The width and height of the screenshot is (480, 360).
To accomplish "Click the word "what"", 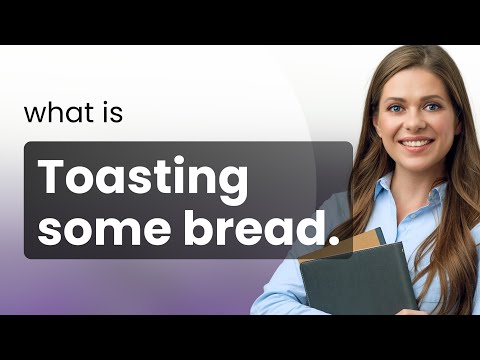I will (60, 113).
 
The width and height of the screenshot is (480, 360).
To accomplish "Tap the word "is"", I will (112, 113).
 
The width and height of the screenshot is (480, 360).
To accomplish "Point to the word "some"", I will (98, 231).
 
